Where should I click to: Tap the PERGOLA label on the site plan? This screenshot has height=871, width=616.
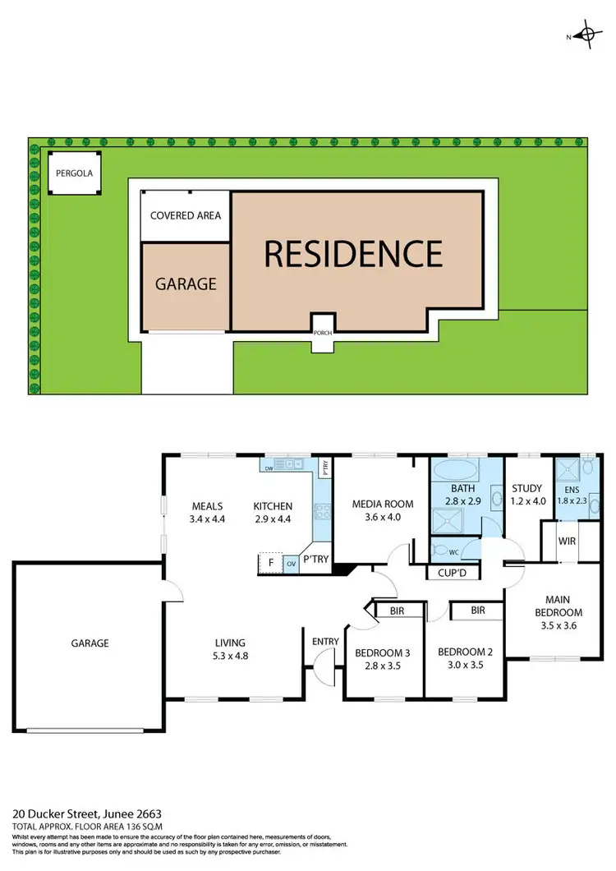pos(75,173)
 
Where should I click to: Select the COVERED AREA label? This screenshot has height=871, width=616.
pos(186,215)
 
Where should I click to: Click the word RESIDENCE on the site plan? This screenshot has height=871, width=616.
pos(353,254)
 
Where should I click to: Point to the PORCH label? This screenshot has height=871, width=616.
pos(323,333)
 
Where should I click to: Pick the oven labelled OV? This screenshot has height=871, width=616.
pos(292,565)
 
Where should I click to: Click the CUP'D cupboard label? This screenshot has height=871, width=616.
pos(453,573)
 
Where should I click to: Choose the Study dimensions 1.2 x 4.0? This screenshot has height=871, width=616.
pos(527,500)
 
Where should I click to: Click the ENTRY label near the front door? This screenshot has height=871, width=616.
pos(326,642)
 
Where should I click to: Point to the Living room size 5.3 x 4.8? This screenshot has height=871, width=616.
pos(231,657)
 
